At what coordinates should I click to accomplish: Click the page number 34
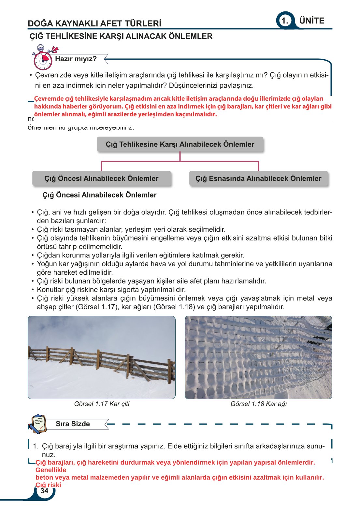pyautogui.click(x=44, y=491)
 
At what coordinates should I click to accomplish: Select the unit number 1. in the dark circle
pyautogui.click(x=285, y=21)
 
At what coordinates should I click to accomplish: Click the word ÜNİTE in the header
pyautogui.click(x=312, y=21)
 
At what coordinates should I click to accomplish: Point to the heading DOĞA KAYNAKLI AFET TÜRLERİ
pyautogui.click(x=94, y=23)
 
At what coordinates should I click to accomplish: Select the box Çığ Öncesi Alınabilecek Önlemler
pyautogui.click(x=101, y=179)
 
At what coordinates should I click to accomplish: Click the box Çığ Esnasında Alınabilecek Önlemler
pyautogui.click(x=258, y=179)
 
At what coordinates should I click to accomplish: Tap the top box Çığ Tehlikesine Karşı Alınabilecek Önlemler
pyautogui.click(x=180, y=144)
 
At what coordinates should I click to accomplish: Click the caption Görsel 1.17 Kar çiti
pyautogui.click(x=102, y=404)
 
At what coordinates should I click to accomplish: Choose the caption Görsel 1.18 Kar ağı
pyautogui.click(x=258, y=404)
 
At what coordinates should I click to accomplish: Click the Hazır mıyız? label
pyautogui.click(x=76, y=59)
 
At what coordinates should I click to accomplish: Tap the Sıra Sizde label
pyautogui.click(x=73, y=424)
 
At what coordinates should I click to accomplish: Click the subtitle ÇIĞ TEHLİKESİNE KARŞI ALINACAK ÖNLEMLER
pyautogui.click(x=121, y=36)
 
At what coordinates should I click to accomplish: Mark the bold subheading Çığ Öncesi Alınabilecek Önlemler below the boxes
pyautogui.click(x=99, y=195)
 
